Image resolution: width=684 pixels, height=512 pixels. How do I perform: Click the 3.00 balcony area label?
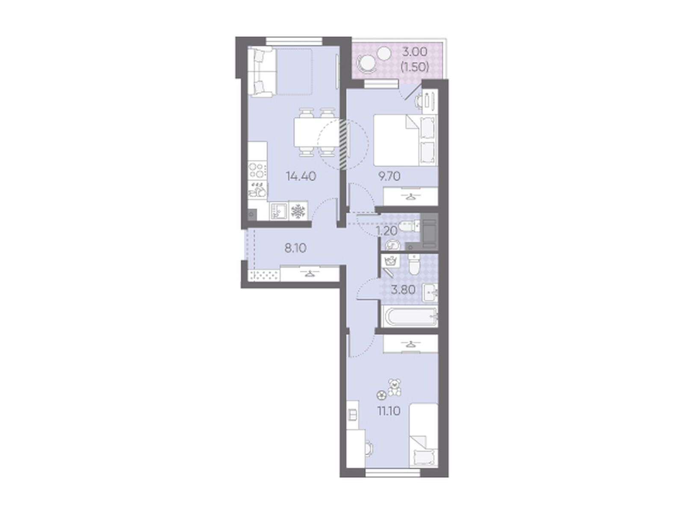tap(414, 52)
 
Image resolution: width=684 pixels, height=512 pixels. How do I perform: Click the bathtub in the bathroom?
tap(409, 317)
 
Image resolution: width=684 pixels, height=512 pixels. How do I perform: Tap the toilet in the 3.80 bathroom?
tap(414, 266)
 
